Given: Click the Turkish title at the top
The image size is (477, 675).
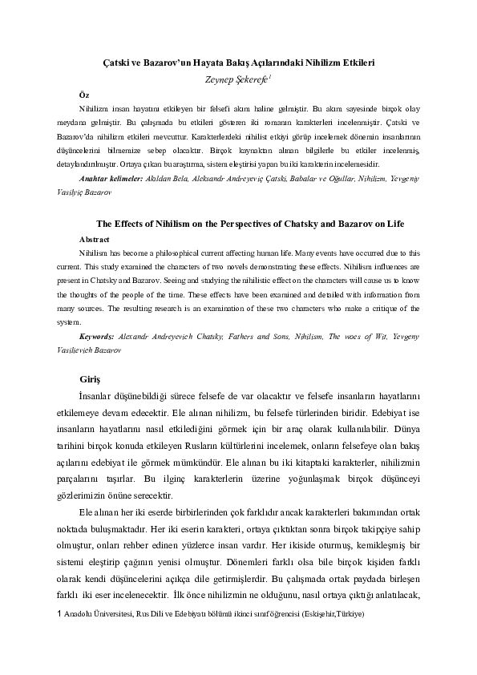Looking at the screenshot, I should point(238,61).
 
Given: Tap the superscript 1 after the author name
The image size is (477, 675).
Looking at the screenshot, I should point(271,75).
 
